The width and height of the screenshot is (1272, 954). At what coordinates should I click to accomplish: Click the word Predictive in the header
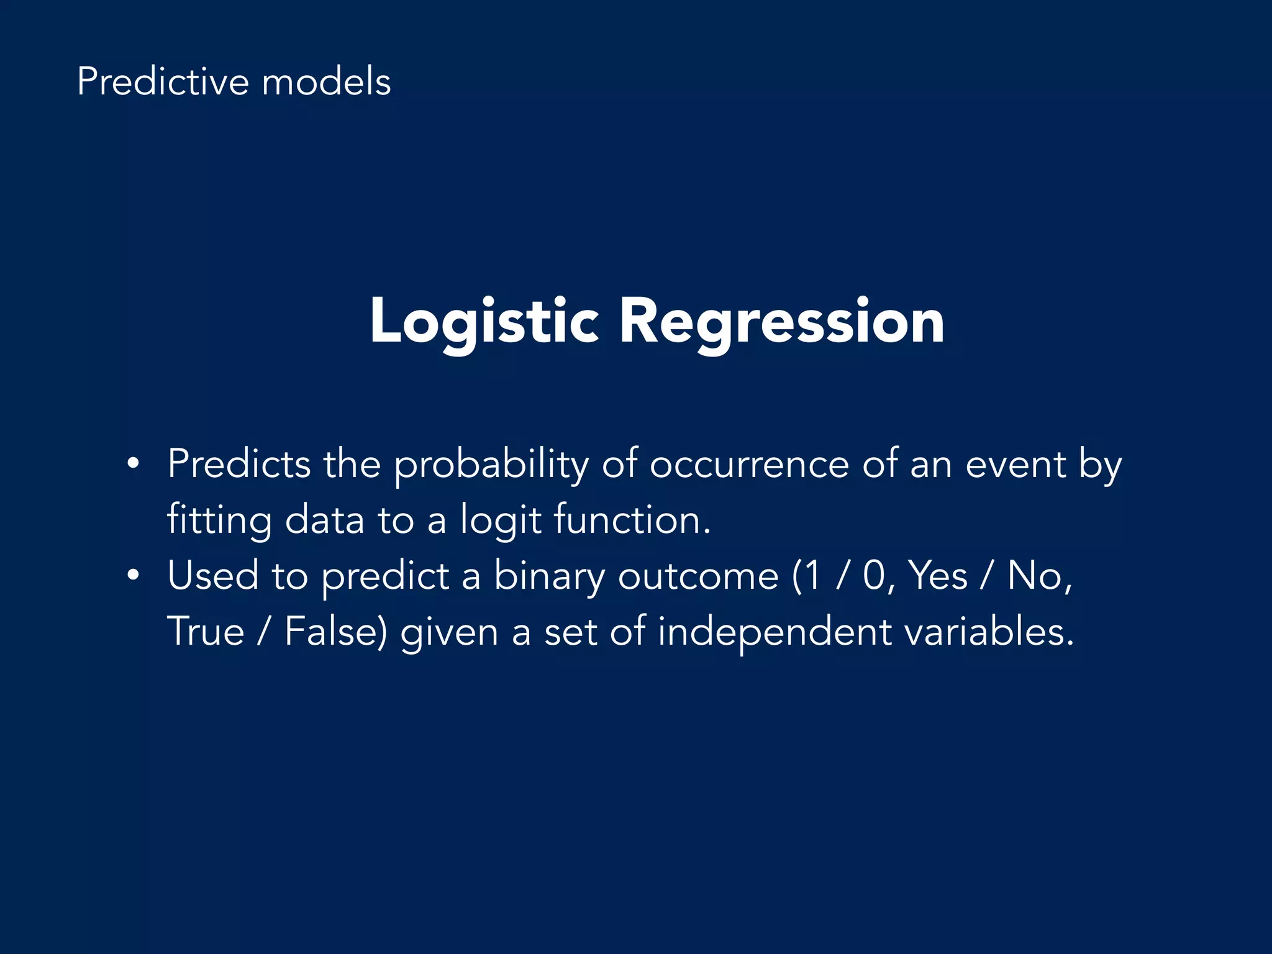pos(162,83)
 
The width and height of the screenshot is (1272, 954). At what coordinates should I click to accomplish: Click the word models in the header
pos(326,83)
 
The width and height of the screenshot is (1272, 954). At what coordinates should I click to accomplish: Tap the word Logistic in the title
pos(484,322)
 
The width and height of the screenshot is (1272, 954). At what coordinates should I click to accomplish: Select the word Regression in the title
pos(782,322)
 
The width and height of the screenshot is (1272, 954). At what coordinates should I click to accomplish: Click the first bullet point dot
pos(132,464)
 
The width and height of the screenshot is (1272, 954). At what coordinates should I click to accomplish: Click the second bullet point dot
pos(132,576)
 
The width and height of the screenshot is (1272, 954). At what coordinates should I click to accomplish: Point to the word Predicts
pos(239,464)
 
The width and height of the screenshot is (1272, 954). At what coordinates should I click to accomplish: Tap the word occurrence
pos(748,464)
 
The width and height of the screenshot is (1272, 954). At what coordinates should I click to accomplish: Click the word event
pos(1015,464)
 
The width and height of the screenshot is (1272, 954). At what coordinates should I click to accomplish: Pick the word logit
pos(501,520)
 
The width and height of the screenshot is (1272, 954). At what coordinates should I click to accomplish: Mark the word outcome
pos(698,576)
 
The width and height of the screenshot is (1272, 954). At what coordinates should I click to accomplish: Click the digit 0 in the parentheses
pos(873,576)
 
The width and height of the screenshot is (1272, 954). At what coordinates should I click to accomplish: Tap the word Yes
pos(938,576)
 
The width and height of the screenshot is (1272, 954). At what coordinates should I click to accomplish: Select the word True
pos(206,632)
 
